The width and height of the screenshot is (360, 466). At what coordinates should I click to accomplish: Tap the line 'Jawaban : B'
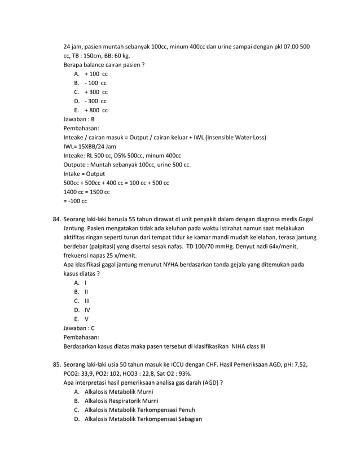click(x=79, y=119)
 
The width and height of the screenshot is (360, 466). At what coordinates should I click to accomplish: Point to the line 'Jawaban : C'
click(x=79, y=328)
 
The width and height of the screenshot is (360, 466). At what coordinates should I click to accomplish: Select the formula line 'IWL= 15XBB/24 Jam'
click(x=94, y=146)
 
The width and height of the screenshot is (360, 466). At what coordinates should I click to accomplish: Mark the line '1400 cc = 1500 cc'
click(x=86, y=192)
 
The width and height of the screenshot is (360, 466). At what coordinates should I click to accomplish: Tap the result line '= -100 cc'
click(x=75, y=201)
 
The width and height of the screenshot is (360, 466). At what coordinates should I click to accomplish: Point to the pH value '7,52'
click(x=298, y=364)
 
